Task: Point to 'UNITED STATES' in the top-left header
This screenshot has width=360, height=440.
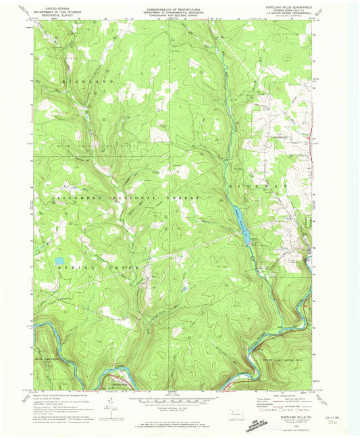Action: click(57, 6)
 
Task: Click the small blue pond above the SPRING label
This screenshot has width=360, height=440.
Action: click(59, 260)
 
